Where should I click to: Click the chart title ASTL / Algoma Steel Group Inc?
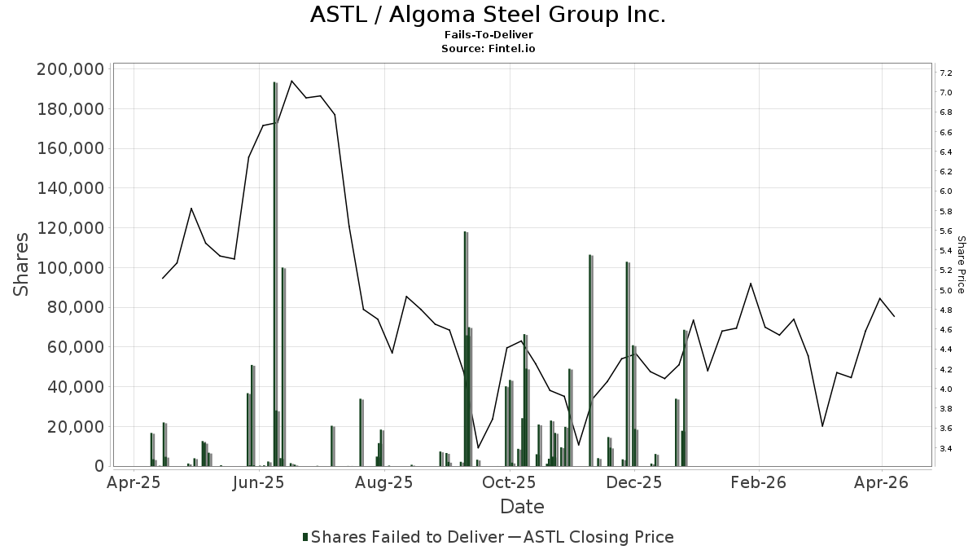click(488, 15)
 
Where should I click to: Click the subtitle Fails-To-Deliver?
click(488, 35)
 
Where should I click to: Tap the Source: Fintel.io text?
click(488, 48)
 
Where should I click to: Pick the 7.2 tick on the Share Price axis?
click(946, 73)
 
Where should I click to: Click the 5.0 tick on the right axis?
click(946, 290)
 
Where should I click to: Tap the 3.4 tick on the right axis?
click(946, 448)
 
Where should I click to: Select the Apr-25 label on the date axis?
click(134, 482)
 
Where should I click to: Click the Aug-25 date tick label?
click(384, 482)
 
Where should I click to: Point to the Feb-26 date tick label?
click(758, 482)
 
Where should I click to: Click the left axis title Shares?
click(22, 265)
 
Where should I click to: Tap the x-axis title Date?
click(522, 507)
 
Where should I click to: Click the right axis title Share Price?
click(961, 265)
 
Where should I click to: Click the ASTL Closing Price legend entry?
click(598, 537)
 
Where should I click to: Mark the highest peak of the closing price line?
click(291, 81)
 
